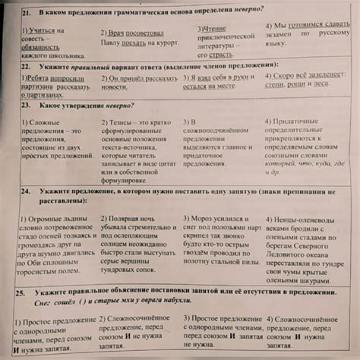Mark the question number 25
pyautogui.click(x=22, y=292)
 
